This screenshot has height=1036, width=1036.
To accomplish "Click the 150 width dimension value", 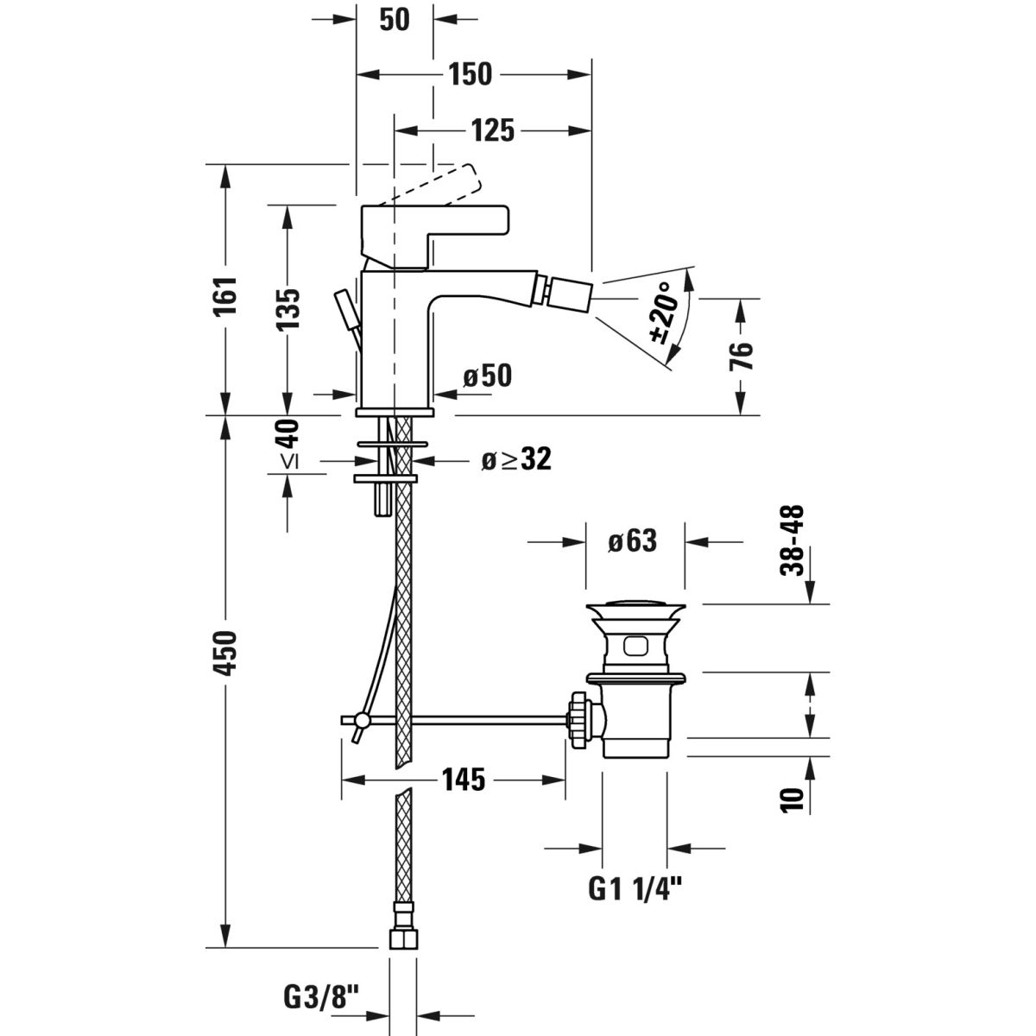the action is (471, 74).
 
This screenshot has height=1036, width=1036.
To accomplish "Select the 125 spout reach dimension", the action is (492, 130).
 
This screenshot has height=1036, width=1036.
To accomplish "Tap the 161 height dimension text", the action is (225, 296).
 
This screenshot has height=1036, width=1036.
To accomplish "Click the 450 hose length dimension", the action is (225, 661).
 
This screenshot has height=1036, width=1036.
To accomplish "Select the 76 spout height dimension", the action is (741, 356).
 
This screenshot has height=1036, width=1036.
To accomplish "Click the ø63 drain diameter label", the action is (633, 540).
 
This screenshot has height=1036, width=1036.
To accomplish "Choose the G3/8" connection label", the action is (321, 997).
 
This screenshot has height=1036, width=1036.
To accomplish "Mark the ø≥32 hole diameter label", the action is (516, 459).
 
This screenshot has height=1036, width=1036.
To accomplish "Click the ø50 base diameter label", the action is (488, 376).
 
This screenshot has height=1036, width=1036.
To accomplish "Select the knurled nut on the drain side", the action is (579, 719).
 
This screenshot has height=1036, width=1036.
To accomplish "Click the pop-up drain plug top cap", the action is (635, 608).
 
